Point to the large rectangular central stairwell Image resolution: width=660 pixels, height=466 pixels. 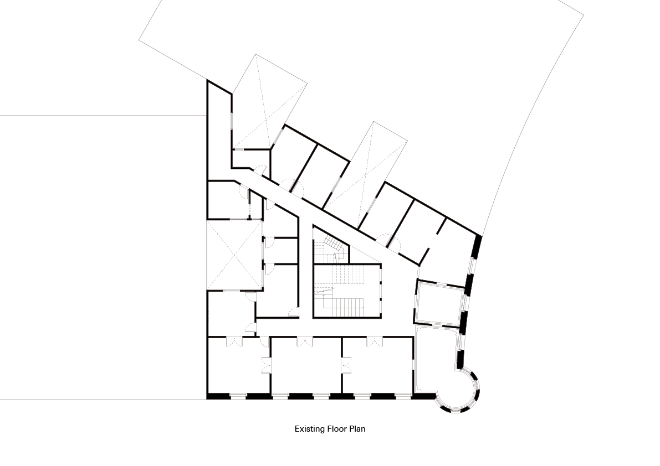[x=347, y=291]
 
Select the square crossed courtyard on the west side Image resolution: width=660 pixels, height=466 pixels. [x=234, y=255]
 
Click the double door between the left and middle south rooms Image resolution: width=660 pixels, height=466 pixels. [x=266, y=365]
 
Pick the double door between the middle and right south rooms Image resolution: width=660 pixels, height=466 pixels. [x=346, y=365]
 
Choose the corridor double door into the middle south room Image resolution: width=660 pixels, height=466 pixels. [x=304, y=341]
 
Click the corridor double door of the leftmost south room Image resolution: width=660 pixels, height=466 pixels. [x=234, y=341]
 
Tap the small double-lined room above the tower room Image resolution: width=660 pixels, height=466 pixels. [x=439, y=303]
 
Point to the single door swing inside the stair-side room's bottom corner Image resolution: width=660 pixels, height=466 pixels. [x=293, y=312]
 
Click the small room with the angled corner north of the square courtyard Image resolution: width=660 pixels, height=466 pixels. [x=228, y=200]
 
